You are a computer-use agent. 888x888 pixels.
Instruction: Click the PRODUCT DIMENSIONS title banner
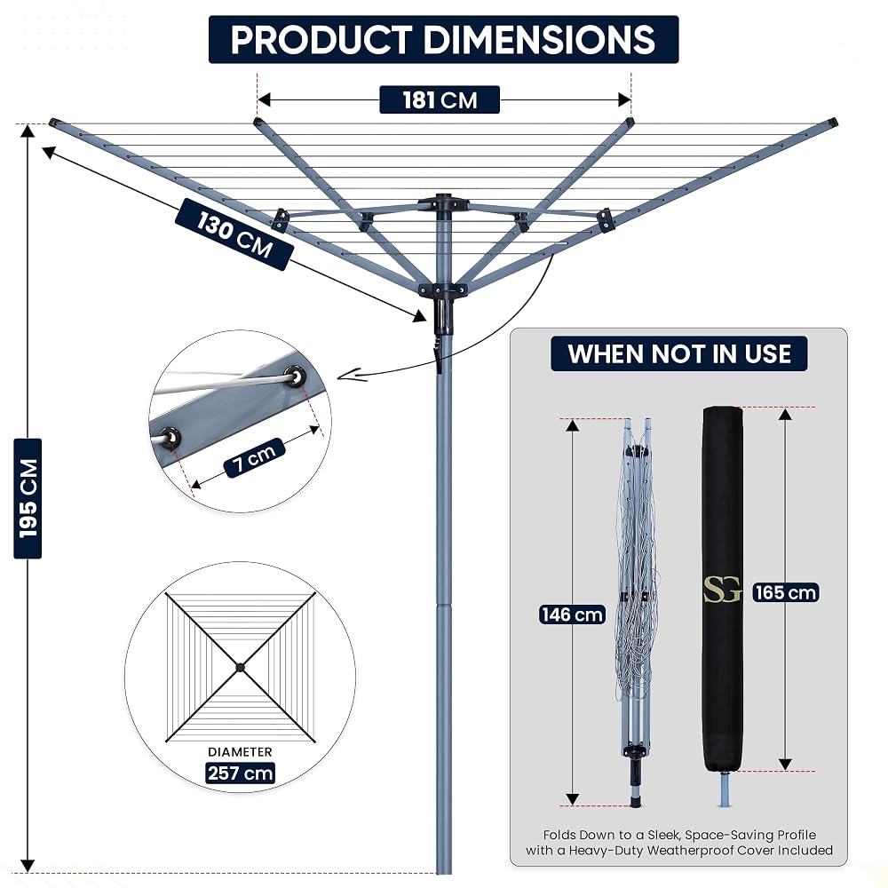coord(443,39)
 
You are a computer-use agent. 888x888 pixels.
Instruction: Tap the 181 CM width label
coord(440,100)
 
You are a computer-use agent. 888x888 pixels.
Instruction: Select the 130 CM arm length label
coord(234,234)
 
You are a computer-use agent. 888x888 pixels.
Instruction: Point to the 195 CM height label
coord(28,498)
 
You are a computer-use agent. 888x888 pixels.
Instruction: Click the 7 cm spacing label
coord(254,457)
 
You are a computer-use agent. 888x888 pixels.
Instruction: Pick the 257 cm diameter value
coord(240,773)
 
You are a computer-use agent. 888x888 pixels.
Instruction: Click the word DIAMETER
coord(240,751)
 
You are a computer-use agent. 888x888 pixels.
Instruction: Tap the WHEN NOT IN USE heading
coord(679,354)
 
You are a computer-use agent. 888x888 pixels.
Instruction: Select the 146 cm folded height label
coord(572,614)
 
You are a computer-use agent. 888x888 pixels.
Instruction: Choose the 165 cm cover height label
coord(786,592)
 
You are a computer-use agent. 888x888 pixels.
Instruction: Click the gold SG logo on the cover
coord(722,590)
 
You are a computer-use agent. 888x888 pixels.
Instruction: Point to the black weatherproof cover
coord(723,589)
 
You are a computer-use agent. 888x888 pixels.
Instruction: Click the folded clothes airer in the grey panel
coord(637,612)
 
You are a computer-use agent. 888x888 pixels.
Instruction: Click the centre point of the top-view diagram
coord(240,667)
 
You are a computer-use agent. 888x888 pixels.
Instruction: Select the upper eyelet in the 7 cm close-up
coord(295,375)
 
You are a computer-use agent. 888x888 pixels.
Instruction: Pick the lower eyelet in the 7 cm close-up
coord(169,437)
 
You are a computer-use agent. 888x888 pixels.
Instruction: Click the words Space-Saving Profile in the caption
coord(750,835)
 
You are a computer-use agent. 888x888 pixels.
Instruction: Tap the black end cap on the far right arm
coord(832,122)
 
